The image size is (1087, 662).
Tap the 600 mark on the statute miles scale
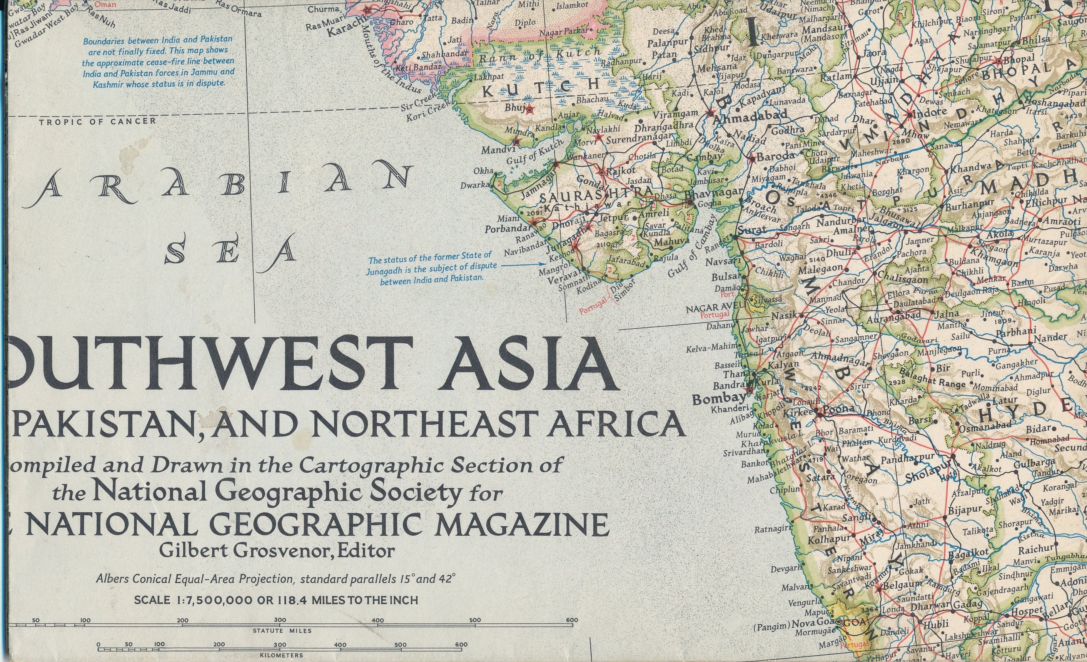pos(572,620)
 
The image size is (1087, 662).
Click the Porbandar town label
pos(507,229)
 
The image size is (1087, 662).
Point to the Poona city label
pos(839,409)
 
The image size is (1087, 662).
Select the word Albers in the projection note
pos(112,578)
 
